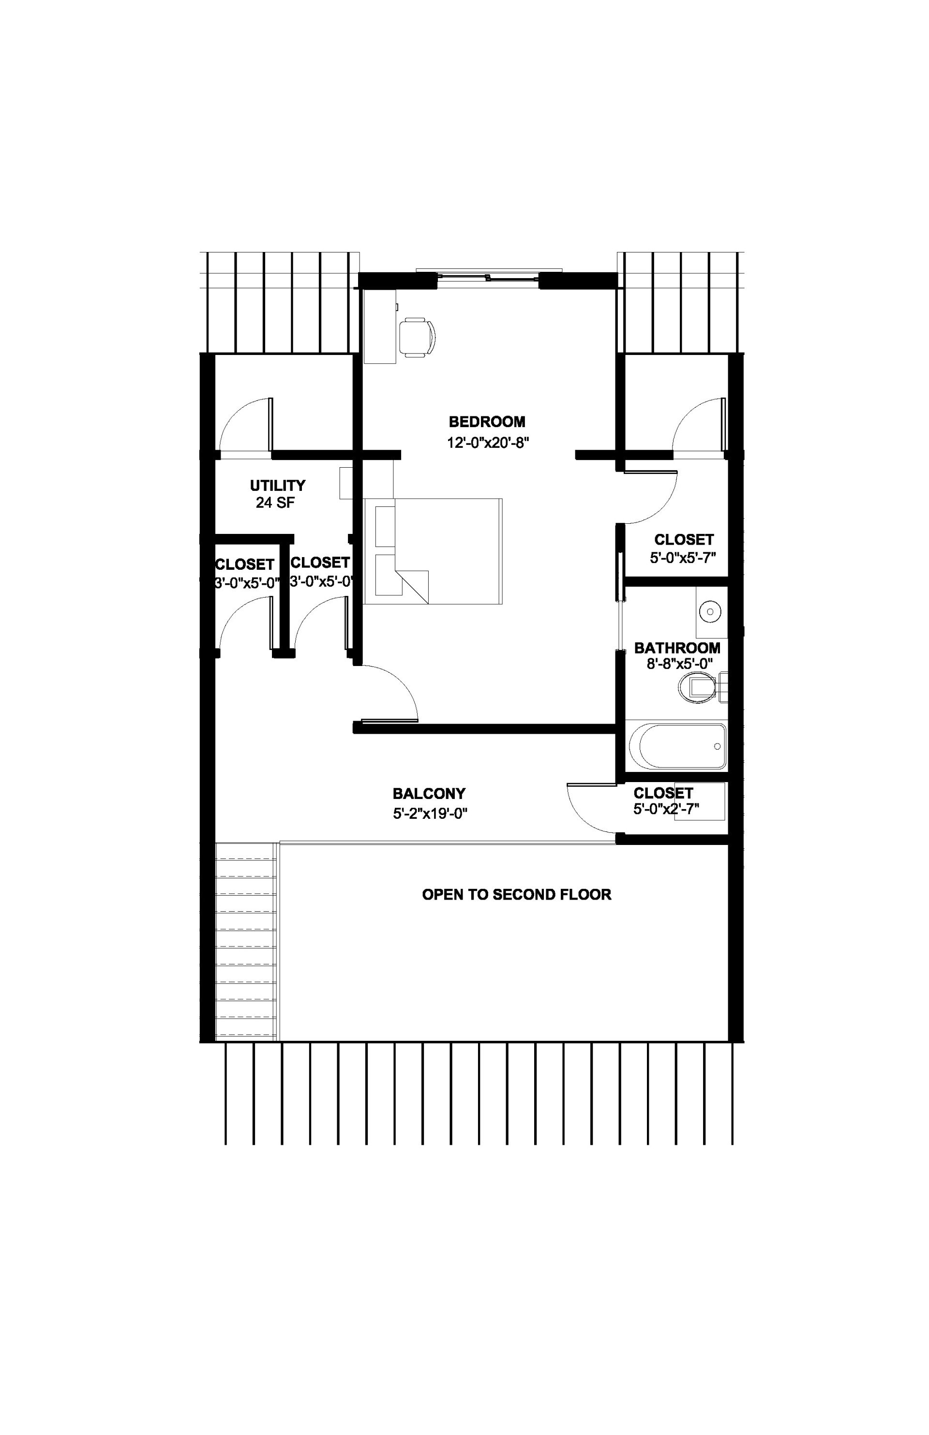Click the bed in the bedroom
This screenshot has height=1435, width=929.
440,551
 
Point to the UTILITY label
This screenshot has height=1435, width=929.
278,486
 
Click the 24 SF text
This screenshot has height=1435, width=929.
275,503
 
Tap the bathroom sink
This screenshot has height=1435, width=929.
710,612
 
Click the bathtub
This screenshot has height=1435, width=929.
677,746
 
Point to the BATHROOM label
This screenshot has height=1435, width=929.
677,648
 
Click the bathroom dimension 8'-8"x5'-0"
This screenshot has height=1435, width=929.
677,664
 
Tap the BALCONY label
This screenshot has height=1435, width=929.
429,794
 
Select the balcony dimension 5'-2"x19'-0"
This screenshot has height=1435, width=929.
430,814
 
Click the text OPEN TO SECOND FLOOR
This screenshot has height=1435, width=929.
516,894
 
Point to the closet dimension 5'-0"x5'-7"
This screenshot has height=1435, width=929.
682,558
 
